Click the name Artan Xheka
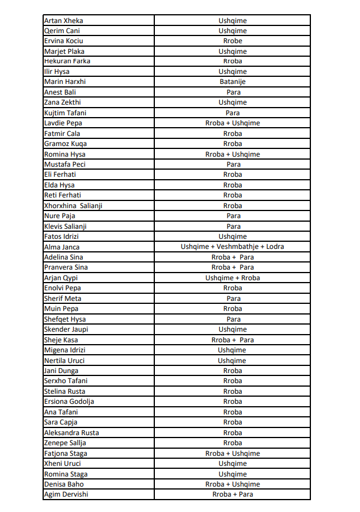click(63, 21)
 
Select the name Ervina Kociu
click(63, 41)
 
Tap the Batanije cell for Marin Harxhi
click(232, 82)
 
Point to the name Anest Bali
click(60, 92)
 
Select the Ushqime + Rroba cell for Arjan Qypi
click(232, 278)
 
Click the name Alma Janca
click(62, 247)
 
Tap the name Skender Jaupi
click(66, 329)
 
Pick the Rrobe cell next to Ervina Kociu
click(232, 41)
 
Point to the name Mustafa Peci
click(65, 164)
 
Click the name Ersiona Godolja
click(69, 401)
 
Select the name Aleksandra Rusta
click(72, 433)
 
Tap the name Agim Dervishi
click(66, 494)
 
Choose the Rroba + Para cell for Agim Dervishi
click(232, 494)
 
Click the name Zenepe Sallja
click(65, 443)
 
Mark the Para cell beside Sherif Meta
click(233, 299)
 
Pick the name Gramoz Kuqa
click(65, 144)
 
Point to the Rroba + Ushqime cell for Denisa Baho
click(232, 484)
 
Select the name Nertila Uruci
click(64, 361)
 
